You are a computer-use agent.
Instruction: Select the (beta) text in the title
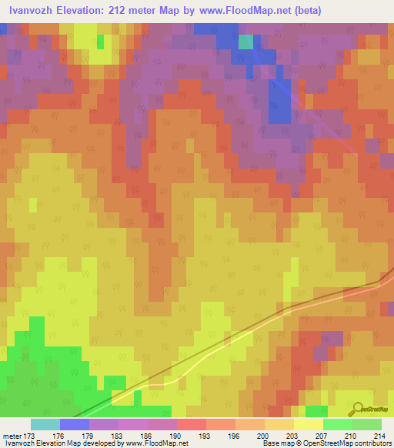[302, 11]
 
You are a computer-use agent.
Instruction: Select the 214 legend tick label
[377, 436]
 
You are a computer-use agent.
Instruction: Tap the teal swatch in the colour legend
[45, 424]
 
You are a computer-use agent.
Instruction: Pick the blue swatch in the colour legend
[75, 424]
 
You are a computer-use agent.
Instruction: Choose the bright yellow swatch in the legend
[309, 424]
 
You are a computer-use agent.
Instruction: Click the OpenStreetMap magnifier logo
[356, 409]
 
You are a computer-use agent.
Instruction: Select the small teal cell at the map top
[245, 42]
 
